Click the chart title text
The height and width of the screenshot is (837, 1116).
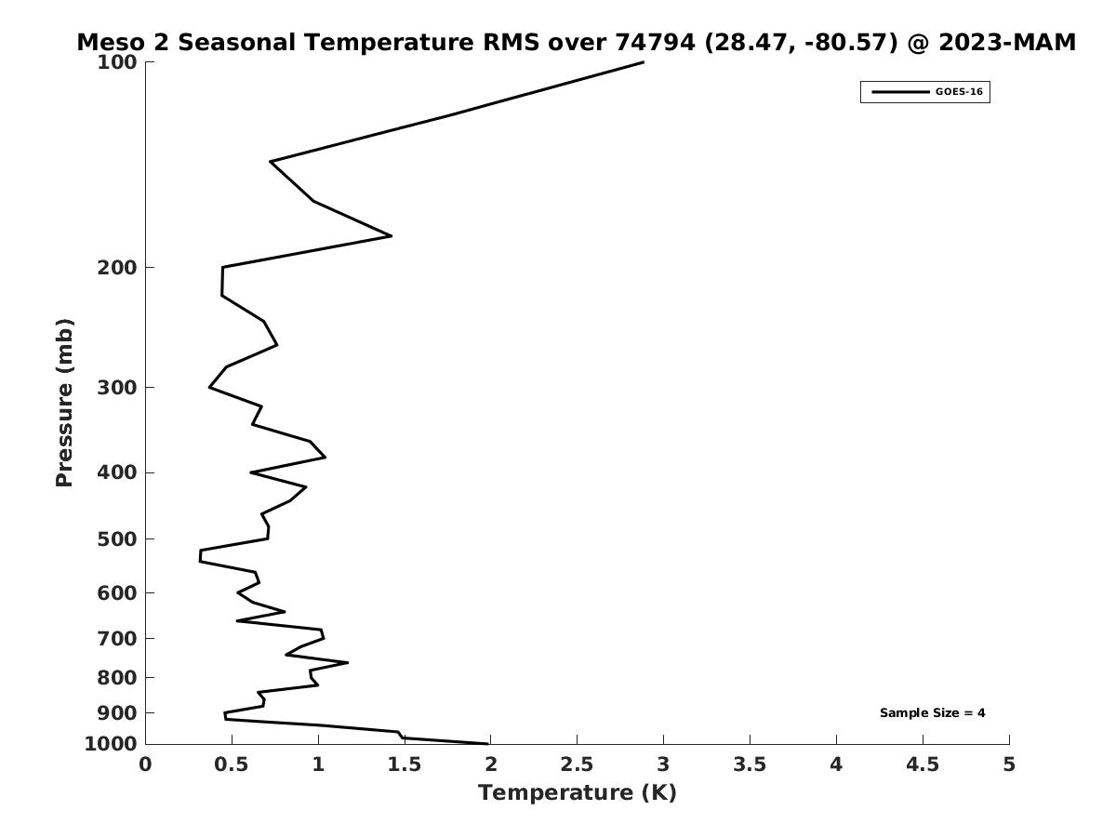click(x=576, y=43)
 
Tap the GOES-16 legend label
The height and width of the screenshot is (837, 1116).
click(x=959, y=92)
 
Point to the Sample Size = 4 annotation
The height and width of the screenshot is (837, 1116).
click(x=932, y=713)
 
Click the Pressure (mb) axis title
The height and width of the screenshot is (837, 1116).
click(x=64, y=403)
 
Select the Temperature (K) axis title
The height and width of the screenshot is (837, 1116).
click(x=577, y=793)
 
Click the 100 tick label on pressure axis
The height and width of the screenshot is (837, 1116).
click(x=117, y=62)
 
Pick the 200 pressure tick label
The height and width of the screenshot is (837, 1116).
click(x=117, y=268)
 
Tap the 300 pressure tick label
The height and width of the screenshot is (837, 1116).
click(x=117, y=388)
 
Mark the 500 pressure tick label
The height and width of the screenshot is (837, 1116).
click(x=117, y=539)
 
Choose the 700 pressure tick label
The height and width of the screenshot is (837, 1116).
click(x=117, y=639)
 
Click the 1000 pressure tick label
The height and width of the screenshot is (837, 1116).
click(x=113, y=744)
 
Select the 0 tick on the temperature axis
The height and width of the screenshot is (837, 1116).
click(x=146, y=764)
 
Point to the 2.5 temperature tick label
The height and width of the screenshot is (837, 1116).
click(x=577, y=764)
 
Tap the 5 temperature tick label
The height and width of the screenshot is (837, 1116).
click(x=1009, y=764)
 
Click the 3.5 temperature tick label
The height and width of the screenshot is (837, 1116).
click(x=750, y=764)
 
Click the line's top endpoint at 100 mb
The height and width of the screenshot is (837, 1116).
click(x=643, y=62)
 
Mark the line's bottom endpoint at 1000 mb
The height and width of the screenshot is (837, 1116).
click(x=488, y=743)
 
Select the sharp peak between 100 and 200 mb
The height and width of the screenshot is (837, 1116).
click(x=391, y=236)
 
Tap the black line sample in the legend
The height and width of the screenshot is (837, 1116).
click(x=899, y=92)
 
